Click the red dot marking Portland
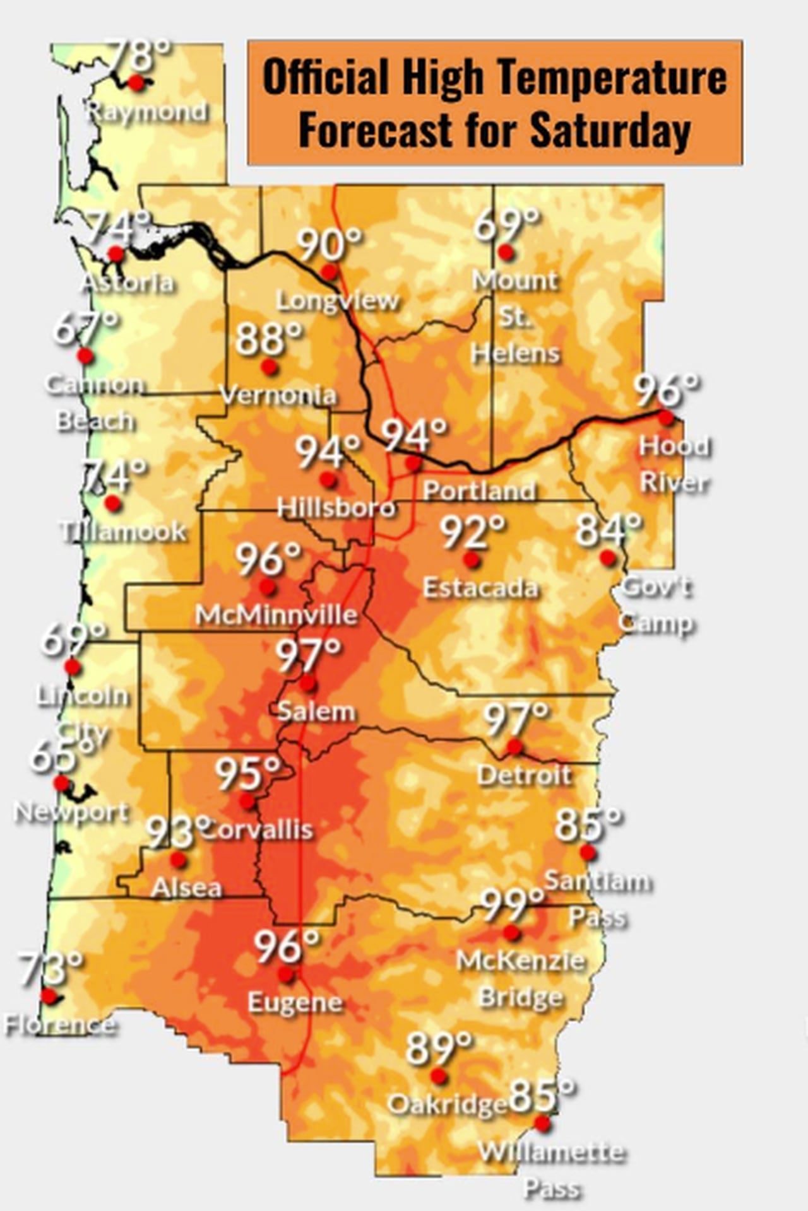(413, 464)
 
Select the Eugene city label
(295, 1002)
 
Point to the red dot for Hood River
(666, 417)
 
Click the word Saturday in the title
(610, 131)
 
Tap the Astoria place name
(128, 282)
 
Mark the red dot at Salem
(308, 683)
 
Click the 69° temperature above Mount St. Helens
(506, 225)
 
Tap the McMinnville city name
(276, 614)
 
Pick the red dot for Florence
(49, 996)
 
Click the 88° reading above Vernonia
(269, 339)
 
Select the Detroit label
(524, 775)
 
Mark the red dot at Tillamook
(112, 503)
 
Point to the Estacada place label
(480, 588)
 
